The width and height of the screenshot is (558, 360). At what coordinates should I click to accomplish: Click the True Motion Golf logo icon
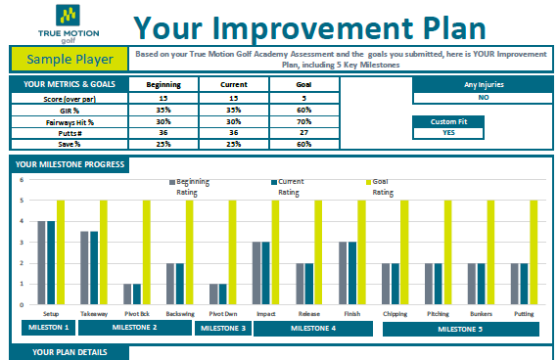pyautogui.click(x=68, y=15)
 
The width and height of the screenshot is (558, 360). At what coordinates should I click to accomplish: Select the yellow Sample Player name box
pyautogui.click(x=70, y=59)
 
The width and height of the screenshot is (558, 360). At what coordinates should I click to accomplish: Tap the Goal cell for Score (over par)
pyautogui.click(x=304, y=98)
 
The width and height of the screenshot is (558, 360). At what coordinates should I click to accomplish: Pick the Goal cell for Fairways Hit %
pyautogui.click(x=304, y=121)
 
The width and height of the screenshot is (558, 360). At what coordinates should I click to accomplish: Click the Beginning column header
pyautogui.click(x=163, y=85)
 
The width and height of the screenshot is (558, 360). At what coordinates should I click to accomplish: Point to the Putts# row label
pyautogui.click(x=70, y=133)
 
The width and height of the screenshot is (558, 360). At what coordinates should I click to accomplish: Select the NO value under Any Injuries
pyautogui.click(x=483, y=98)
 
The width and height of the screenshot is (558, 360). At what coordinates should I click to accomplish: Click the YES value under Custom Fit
pyautogui.click(x=448, y=133)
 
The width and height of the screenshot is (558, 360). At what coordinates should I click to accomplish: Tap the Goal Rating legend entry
pyautogui.click(x=380, y=187)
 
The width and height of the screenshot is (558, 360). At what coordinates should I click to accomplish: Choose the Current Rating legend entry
pyautogui.click(x=288, y=187)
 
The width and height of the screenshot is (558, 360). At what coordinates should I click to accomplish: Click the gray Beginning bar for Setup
pyautogui.click(x=42, y=263)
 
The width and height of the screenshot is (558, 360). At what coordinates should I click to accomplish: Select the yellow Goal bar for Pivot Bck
pyautogui.click(x=147, y=252)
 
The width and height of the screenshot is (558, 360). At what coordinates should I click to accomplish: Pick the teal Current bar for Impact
pyautogui.click(x=266, y=273)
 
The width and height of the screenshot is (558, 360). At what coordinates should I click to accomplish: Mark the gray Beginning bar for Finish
pyautogui.click(x=343, y=273)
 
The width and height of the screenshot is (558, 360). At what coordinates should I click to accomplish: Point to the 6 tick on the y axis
pyautogui.click(x=22, y=180)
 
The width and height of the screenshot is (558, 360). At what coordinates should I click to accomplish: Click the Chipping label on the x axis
pyautogui.click(x=395, y=314)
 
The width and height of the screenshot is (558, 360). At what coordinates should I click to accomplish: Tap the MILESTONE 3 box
pyautogui.click(x=223, y=328)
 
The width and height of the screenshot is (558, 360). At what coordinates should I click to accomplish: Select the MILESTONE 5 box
pyautogui.click(x=460, y=329)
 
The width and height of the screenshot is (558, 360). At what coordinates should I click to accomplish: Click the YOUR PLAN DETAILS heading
pyautogui.click(x=70, y=352)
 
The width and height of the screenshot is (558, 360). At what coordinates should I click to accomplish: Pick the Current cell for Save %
pyautogui.click(x=234, y=144)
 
